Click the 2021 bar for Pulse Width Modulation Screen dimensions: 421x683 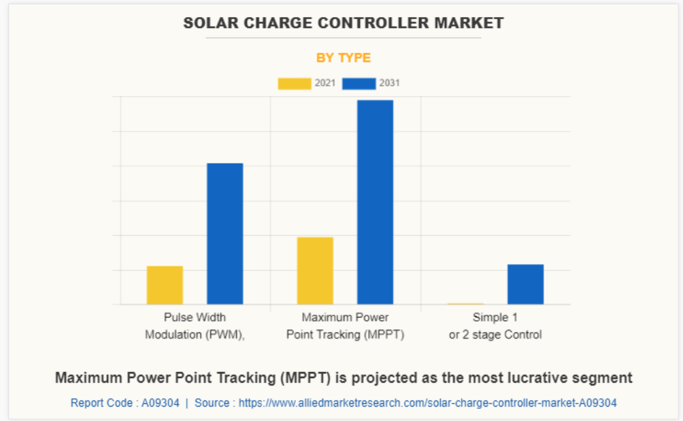(165, 285)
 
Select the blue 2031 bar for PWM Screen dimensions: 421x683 (224, 234)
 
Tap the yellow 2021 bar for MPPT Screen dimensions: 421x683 (315, 270)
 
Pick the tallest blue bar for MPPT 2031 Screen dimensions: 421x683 (375, 202)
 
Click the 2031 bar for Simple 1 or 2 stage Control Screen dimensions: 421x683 (525, 284)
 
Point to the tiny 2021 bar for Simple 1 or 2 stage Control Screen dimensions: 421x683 (465, 304)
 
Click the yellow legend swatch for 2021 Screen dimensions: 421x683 (294, 84)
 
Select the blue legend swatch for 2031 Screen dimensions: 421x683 (359, 84)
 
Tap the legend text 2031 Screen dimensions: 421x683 (390, 84)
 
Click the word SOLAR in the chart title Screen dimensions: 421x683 (210, 23)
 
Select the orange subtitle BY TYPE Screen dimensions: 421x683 (344, 58)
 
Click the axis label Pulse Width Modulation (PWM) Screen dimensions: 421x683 (195, 326)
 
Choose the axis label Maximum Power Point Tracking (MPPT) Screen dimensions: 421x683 (345, 326)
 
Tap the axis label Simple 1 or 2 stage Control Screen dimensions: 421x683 (495, 326)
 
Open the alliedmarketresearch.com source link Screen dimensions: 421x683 (427, 403)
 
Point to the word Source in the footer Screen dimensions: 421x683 (212, 403)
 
